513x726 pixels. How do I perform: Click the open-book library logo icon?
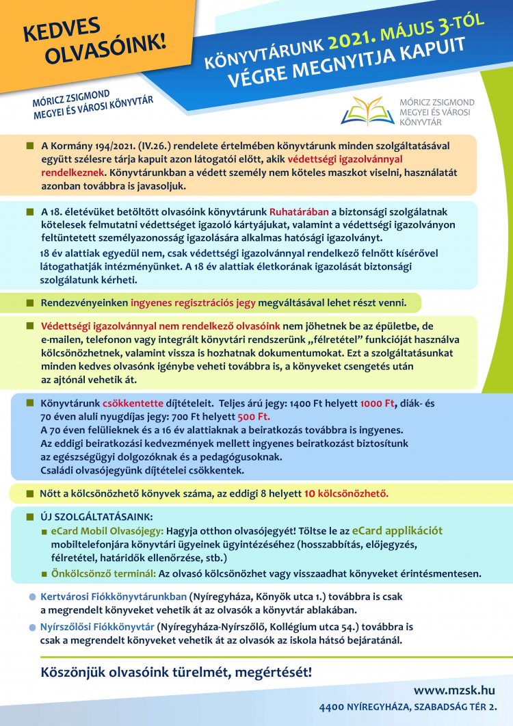[x=367, y=109]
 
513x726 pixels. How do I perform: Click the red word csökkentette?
[x=131, y=403]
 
